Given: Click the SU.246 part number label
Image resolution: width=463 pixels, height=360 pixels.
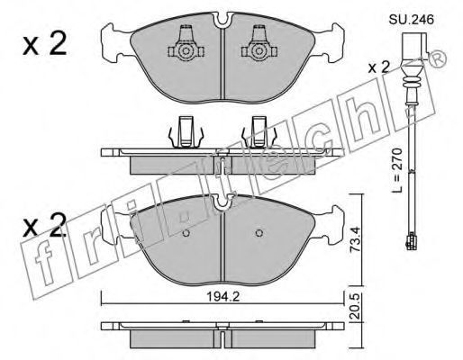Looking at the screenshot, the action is [x=412, y=20].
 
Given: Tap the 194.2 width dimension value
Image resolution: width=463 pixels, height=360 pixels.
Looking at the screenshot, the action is [x=222, y=297].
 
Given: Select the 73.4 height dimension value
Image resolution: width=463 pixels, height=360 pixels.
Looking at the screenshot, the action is [x=355, y=239].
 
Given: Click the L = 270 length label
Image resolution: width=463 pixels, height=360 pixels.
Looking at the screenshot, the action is [x=396, y=170].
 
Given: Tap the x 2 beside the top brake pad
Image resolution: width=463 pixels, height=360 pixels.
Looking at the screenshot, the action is [x=44, y=45].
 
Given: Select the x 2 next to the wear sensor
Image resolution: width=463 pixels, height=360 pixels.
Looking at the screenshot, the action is [x=379, y=67].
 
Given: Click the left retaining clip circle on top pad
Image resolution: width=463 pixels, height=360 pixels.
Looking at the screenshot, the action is [x=186, y=51].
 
